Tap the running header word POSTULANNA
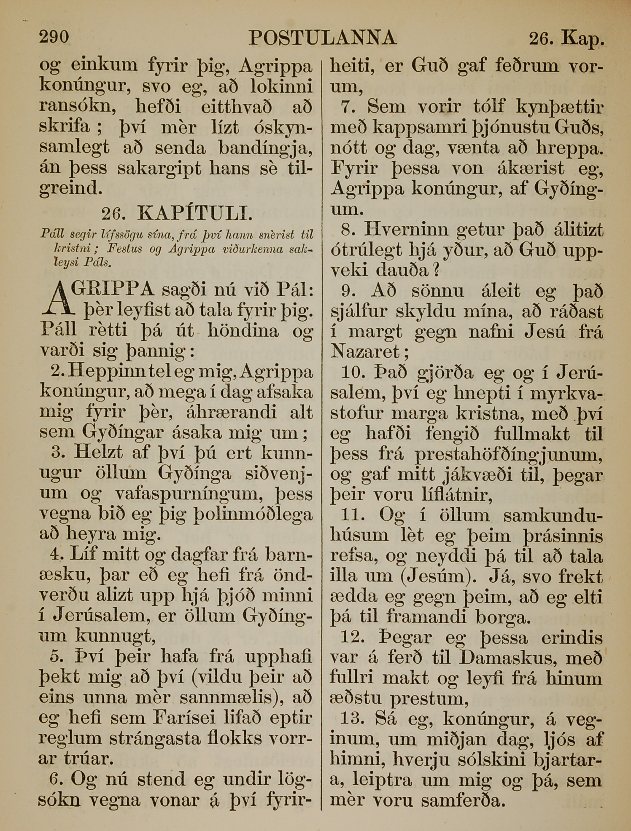point(323,38)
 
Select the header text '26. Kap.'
point(566,39)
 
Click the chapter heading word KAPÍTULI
point(195,214)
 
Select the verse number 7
point(349,107)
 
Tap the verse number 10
point(352,373)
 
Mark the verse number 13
point(352,718)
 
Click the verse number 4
point(56,554)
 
